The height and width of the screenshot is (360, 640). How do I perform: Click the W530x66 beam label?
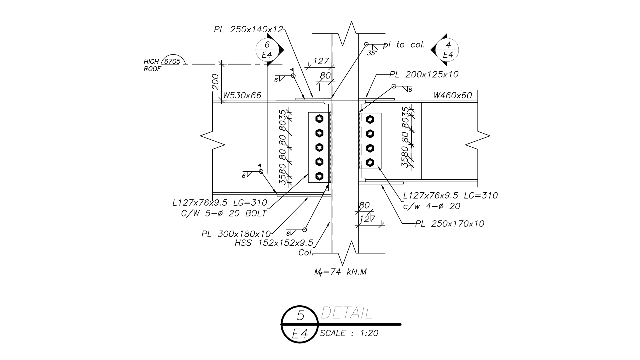pos(242,96)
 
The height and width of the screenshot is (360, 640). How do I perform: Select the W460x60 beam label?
pos(453,96)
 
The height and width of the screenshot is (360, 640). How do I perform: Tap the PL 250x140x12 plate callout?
pos(248,30)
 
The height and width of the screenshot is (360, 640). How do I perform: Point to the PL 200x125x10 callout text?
pos(424,74)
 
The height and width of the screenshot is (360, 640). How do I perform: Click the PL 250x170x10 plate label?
pos(450,224)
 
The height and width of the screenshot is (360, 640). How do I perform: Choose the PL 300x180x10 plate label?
pos(236,234)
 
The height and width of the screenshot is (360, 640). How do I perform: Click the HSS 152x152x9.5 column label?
pos(274,243)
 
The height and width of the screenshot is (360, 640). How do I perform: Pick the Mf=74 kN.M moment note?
pos(340,272)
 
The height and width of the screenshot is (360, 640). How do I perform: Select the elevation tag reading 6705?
pos(172,61)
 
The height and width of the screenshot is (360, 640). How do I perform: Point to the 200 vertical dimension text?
pos(215,82)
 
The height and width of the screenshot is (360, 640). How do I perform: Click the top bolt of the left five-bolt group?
pos(320,118)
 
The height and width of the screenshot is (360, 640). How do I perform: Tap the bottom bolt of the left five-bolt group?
pos(320,176)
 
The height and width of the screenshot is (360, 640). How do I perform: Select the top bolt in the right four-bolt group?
pos(370,119)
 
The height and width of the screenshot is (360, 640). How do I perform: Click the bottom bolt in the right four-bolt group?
pos(370,162)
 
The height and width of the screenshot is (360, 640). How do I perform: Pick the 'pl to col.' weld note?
pos(404,45)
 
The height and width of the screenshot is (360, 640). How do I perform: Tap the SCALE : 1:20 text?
pos(349,333)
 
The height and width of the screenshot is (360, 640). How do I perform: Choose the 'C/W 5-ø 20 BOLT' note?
pos(224,213)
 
